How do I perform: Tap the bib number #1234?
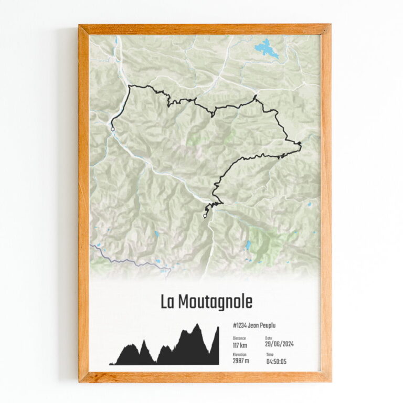tap(241, 326)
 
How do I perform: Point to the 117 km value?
tap(240, 345)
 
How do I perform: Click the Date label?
tap(269, 338)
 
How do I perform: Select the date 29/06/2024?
tap(279, 345)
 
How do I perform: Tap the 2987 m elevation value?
tap(241, 362)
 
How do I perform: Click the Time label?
tap(269, 355)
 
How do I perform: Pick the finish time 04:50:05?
tap(276, 362)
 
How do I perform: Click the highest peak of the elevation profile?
tap(197, 325)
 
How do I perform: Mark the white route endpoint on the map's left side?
tap(112, 129)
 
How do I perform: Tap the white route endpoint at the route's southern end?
tap(205, 215)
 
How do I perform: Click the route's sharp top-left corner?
tap(130, 86)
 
